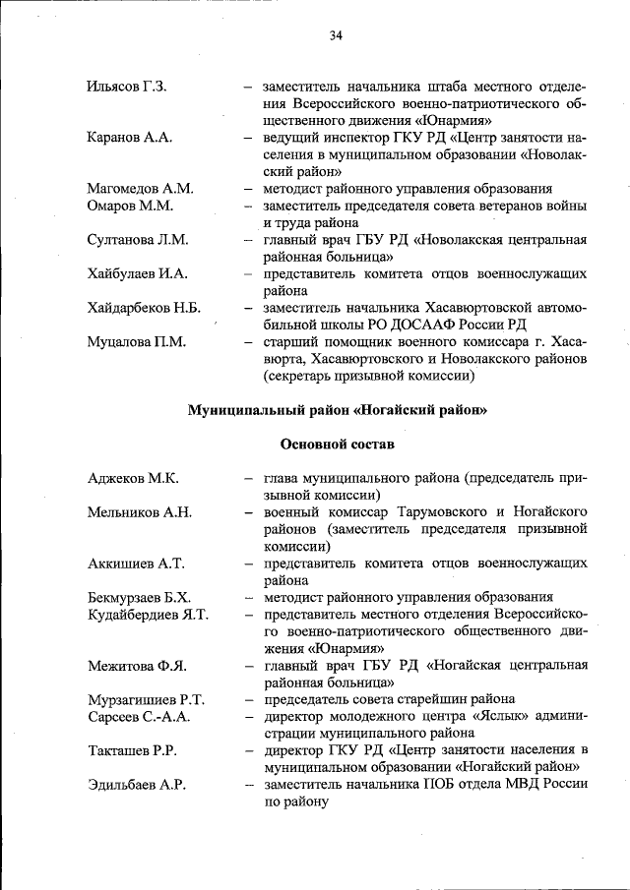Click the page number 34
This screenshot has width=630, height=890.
coord(336,36)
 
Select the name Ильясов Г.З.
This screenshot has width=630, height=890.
coord(126,88)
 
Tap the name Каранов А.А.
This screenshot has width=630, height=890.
coord(129,138)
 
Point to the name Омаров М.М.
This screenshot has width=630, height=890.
coord(130,206)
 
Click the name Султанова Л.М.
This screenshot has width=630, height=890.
coord(137,239)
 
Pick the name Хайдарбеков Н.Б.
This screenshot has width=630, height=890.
coord(144,308)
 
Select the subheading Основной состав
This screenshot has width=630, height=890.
coord(338,445)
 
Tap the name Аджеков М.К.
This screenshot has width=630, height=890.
coord(132,479)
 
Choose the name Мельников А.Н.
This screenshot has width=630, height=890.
coord(139,512)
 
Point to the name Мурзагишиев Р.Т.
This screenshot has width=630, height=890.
coord(146,699)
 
